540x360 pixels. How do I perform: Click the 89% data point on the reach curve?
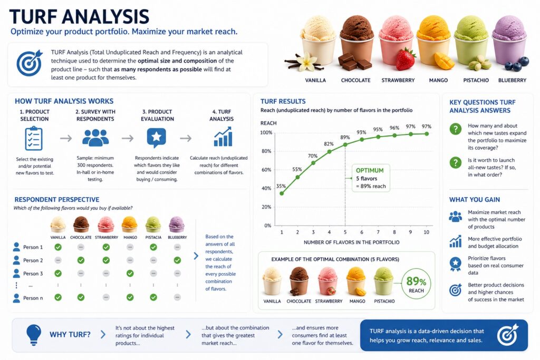click(x=345, y=144)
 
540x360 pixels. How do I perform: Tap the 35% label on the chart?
click(x=281, y=186)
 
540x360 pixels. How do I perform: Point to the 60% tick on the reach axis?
click(x=266, y=170)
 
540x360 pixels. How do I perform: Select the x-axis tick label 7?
click(x=378, y=232)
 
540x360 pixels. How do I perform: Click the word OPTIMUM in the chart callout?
click(x=370, y=170)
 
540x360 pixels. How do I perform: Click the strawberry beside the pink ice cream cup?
click(x=406, y=59)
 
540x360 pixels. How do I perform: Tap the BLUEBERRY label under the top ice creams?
click(x=512, y=80)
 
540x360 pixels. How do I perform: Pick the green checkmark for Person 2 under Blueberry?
click(x=177, y=260)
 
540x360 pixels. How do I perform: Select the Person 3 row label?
click(x=33, y=274)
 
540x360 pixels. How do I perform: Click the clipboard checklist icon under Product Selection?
click(x=34, y=138)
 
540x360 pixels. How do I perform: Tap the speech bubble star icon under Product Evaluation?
click(x=156, y=138)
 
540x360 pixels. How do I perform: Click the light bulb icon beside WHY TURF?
click(x=34, y=335)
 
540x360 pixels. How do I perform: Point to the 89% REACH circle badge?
click(x=416, y=285)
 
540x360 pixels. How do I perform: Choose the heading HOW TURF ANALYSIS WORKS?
click(x=64, y=101)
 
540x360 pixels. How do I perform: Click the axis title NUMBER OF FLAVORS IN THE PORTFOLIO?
click(x=352, y=242)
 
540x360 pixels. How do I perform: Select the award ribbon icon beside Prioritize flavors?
click(x=455, y=264)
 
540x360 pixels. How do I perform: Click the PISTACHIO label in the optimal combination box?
click(x=384, y=301)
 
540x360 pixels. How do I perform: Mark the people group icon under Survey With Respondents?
click(x=95, y=138)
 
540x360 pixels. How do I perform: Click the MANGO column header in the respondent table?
click(x=130, y=237)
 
